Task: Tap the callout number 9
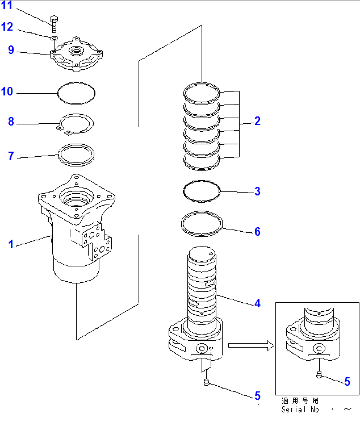pyautogui.click(x=11, y=50)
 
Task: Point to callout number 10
pyautogui.click(x=7, y=91)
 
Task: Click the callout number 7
pyautogui.click(x=11, y=156)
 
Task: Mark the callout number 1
pyautogui.click(x=11, y=245)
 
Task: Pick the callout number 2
pyautogui.click(x=257, y=121)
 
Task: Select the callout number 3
pyautogui.click(x=257, y=191)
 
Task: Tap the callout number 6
pyautogui.click(x=257, y=232)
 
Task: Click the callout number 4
pyautogui.click(x=257, y=304)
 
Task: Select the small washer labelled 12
pyautogui.click(x=53, y=38)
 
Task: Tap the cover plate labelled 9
pyautogui.click(x=77, y=54)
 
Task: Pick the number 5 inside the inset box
pyautogui.click(x=347, y=382)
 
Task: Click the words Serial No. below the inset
pyautogui.click(x=301, y=410)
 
